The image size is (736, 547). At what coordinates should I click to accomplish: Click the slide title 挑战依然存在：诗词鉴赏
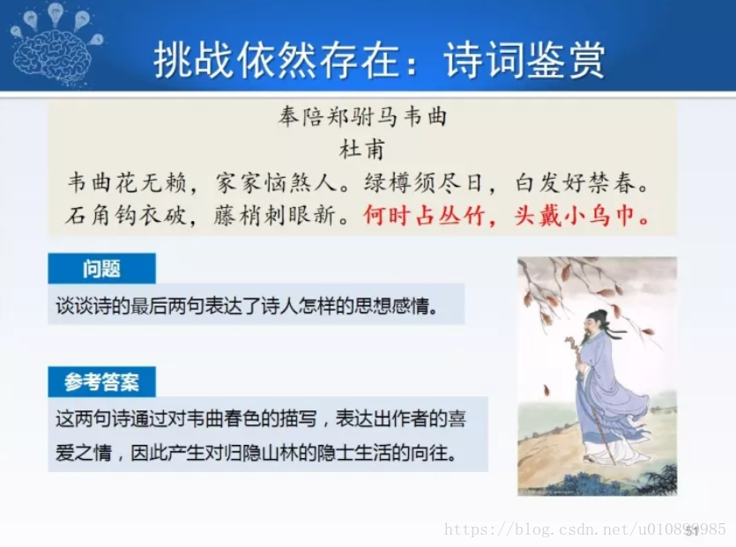tap(379, 60)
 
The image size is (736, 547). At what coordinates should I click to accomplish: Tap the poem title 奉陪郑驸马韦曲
tap(362, 116)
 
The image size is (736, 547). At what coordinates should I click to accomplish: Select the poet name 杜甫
tap(362, 149)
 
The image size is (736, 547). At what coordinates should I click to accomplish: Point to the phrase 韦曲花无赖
tap(127, 182)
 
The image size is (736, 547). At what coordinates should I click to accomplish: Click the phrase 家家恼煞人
tap(276, 182)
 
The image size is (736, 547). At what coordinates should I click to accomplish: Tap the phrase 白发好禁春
tap(575, 182)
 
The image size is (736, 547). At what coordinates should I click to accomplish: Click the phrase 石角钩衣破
tap(126, 216)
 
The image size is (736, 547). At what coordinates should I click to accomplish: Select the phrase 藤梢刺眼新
tap(275, 216)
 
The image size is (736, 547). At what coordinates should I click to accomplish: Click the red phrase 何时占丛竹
tap(424, 216)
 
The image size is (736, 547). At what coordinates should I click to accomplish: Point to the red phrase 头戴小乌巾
tap(575, 216)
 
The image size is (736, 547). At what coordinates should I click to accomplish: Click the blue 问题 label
tap(102, 269)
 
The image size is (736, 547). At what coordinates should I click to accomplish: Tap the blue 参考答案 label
tap(102, 382)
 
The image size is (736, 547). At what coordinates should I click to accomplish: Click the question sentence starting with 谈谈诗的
tap(248, 306)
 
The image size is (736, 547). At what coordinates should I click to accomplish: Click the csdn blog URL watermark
tap(585, 529)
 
